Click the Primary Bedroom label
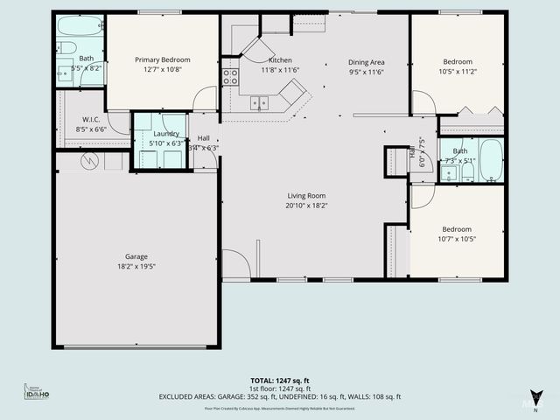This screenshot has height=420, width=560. click(x=162, y=59)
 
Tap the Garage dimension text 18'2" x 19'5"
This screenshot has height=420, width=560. click(x=136, y=266)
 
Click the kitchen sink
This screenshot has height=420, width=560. click(x=260, y=102)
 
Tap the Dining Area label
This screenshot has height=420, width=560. click(x=366, y=62)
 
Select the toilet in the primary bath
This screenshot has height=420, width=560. click(x=63, y=73)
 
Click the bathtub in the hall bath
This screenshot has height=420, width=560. click(x=491, y=159)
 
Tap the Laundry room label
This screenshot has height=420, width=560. click(x=166, y=133)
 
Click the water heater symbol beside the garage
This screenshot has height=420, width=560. click(x=90, y=161)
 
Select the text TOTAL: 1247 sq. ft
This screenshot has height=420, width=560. click(x=280, y=381)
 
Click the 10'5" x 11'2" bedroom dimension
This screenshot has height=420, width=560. click(x=457, y=73)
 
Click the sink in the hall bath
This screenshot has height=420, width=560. click(x=449, y=171)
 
